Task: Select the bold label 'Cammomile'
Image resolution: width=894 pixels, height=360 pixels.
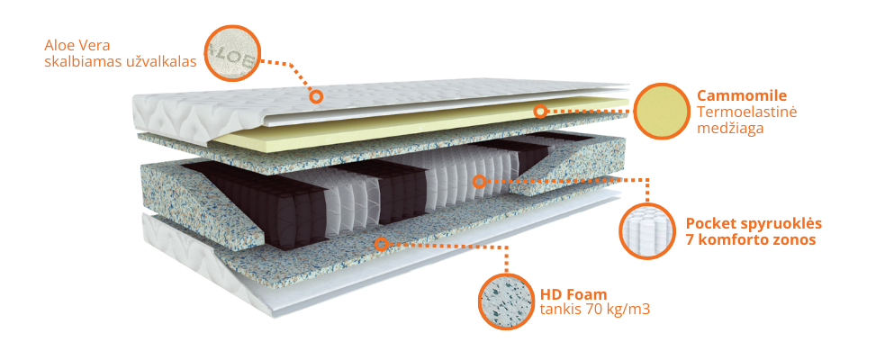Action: click(x=742, y=95)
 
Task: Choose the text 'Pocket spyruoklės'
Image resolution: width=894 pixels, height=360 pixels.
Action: click(x=754, y=223)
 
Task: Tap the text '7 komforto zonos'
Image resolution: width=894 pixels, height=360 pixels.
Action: click(x=751, y=240)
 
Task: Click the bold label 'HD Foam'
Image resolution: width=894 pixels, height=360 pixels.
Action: click(x=573, y=293)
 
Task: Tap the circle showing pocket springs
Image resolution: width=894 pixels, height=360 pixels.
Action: click(x=646, y=230)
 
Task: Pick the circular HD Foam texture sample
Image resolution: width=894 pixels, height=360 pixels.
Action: click(x=505, y=301)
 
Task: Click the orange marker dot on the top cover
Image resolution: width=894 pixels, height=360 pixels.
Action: click(x=316, y=95)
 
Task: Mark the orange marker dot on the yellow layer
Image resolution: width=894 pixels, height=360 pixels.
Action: click(x=540, y=112)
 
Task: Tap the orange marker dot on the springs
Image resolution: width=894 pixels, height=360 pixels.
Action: click(x=480, y=182)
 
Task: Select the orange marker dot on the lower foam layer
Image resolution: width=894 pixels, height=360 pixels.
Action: click(x=382, y=244)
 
